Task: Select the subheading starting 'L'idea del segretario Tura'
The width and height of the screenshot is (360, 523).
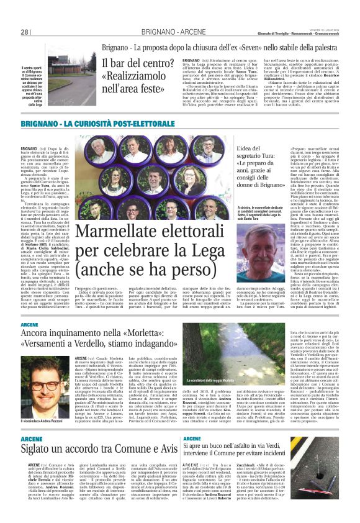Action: pyautogui.click(x=264, y=159)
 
